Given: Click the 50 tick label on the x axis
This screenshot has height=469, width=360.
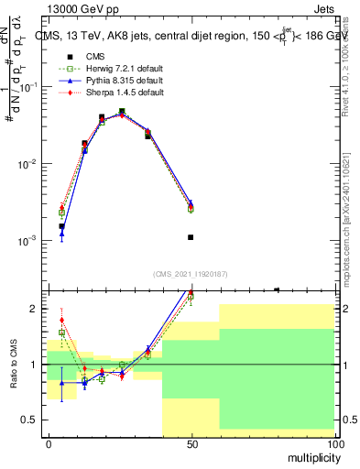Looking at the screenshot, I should (191, 444).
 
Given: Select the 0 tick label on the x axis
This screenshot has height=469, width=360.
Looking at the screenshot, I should (48, 444).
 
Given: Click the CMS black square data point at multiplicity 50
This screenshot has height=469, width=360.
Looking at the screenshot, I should (191, 237).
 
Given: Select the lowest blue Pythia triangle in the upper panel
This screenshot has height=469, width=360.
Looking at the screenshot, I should (61, 234).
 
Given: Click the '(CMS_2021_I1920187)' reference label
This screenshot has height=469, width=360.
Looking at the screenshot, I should (191, 273).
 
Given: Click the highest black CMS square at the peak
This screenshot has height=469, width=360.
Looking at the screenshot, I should (122, 112).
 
